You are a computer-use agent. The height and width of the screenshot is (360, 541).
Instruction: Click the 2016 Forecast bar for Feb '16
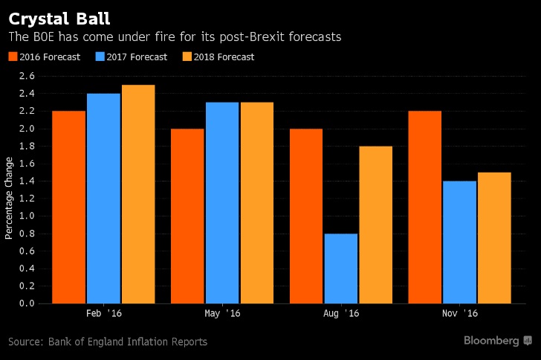tap(68, 207)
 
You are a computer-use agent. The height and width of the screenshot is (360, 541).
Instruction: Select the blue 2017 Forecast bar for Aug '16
tap(340, 268)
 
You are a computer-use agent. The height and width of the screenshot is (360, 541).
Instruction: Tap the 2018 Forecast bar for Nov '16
tap(494, 237)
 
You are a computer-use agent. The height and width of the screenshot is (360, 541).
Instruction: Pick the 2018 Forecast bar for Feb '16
tap(138, 194)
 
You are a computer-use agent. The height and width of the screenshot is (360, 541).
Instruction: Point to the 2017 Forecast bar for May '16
tap(221, 202)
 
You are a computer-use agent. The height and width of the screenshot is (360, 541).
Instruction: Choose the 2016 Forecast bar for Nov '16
tap(425, 207)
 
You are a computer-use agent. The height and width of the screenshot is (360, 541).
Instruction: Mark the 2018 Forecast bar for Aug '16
tap(375, 225)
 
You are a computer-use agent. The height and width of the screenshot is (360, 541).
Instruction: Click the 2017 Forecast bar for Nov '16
tap(459, 242)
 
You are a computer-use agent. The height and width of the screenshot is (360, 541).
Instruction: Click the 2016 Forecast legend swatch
tap(12, 57)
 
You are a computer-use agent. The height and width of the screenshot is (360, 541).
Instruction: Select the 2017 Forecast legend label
tap(137, 57)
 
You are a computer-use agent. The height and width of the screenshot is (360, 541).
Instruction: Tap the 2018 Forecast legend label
tap(224, 57)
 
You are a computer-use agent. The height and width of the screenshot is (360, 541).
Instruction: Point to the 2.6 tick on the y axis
tap(27, 77)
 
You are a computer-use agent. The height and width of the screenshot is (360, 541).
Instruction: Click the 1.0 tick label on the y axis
tap(27, 216)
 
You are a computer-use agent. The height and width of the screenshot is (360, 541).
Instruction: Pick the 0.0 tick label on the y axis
tap(27, 303)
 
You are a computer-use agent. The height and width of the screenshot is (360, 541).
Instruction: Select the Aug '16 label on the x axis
tap(340, 314)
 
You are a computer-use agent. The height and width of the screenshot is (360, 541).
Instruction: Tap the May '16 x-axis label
tap(221, 314)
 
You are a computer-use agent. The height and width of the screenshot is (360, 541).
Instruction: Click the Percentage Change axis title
tap(10, 198)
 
